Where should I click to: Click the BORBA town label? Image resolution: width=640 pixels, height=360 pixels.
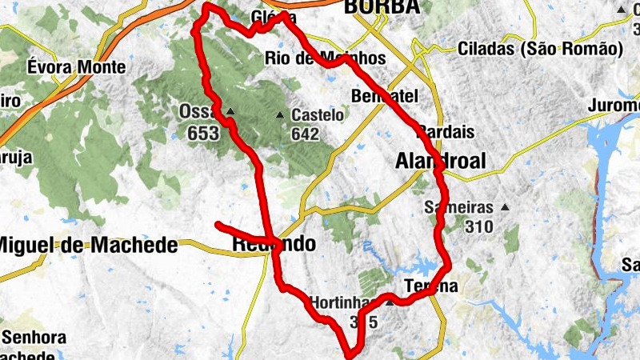point(381,6)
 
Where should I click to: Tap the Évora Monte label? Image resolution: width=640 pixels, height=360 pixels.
point(76,66)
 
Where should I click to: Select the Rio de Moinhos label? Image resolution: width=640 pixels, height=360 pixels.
point(325,58)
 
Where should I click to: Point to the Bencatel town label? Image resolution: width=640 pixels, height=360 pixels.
point(385,96)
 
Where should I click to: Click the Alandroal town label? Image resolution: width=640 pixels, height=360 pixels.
point(440,162)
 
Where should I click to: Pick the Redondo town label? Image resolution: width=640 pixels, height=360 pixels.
point(274,244)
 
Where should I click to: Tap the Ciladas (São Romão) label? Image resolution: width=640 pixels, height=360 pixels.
point(540,49)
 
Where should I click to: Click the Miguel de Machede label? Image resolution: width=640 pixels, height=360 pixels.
point(88,246)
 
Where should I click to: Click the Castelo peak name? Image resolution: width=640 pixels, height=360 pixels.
point(318,115)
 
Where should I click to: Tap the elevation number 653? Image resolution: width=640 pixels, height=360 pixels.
point(203,134)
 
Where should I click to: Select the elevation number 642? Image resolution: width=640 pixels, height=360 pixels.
point(305,134)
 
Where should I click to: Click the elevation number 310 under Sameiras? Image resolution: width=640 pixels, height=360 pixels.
point(478,226)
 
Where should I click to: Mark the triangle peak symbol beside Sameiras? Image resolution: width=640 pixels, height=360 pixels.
point(505,207)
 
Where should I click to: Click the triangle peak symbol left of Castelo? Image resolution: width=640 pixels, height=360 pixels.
point(280,115)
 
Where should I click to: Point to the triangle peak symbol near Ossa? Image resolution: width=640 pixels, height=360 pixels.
point(230,111)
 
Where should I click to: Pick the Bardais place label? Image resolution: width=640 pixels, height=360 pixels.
point(446,131)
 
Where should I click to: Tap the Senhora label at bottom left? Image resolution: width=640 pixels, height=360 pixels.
point(34,337)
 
